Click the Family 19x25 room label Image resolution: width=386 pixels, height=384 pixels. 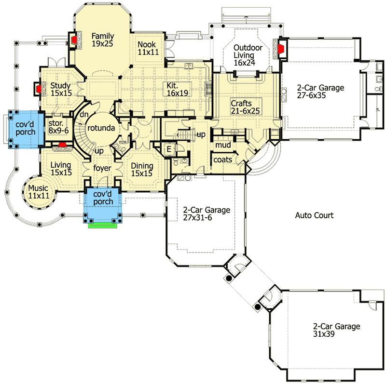tap(102, 40)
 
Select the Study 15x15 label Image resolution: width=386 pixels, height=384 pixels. tap(61, 89)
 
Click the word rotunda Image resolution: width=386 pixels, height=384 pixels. tap(100, 129)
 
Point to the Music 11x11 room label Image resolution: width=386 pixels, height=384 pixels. tap(38, 192)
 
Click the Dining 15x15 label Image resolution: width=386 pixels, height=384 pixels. tap(142, 169)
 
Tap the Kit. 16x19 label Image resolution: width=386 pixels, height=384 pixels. tap(178, 89)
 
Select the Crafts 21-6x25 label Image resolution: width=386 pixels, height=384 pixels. tap(245, 107)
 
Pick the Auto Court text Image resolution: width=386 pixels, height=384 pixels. tap(314, 215)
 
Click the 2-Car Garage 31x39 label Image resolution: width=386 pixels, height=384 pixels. tap(336, 330)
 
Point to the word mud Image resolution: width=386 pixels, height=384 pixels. tap(222, 145)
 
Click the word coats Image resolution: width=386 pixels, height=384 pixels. tap(223, 159)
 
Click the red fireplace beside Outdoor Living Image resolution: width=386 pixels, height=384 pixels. tap(280, 48)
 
